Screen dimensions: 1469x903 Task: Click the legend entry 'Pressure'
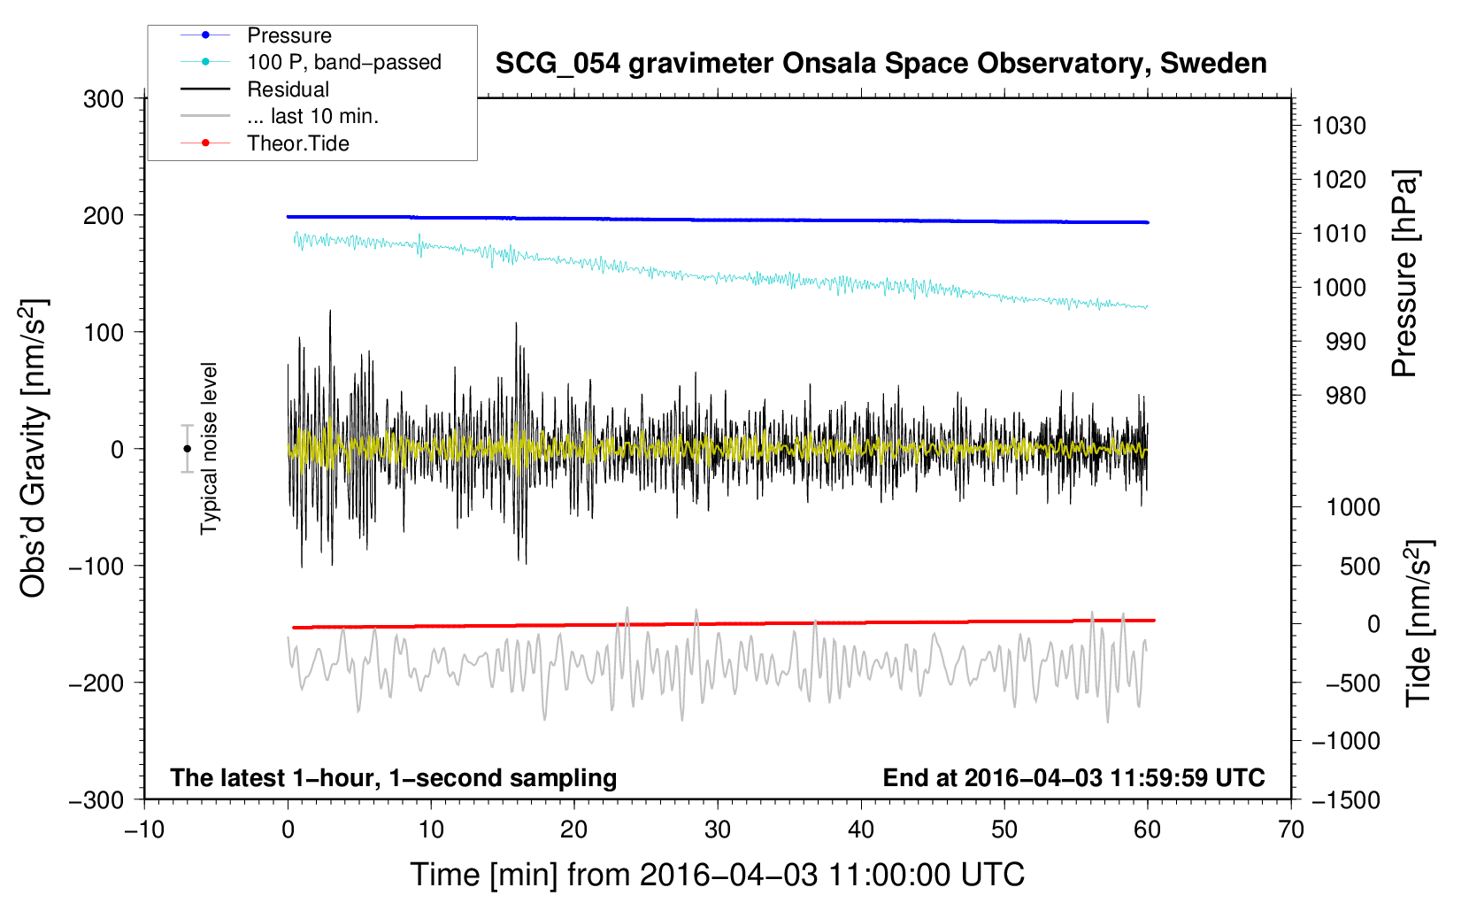tap(289, 35)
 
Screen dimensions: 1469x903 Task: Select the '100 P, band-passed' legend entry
tap(344, 62)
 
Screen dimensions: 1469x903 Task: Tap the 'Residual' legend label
tap(288, 89)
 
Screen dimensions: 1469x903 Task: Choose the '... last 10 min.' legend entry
tap(312, 116)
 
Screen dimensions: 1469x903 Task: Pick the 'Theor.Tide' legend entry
tap(298, 143)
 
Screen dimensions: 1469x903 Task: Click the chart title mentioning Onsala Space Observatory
tap(881, 63)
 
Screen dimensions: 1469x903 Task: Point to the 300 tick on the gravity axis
tap(104, 99)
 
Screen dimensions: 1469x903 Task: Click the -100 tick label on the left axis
tap(96, 567)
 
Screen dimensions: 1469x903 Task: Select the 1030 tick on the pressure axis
tap(1339, 126)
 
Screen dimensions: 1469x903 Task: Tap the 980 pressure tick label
tap(1346, 396)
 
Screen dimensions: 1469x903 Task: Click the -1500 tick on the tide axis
tap(1346, 800)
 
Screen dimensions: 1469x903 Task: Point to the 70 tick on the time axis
tap(1290, 830)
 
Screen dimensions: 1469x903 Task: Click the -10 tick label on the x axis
tap(144, 830)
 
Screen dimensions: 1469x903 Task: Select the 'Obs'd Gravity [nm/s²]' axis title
tap(34, 449)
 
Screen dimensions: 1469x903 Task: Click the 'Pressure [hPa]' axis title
tap(1404, 274)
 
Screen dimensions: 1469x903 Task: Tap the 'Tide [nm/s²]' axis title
tap(1419, 623)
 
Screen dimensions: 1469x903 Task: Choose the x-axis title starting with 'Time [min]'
tap(718, 875)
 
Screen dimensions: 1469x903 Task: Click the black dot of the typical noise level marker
tap(188, 449)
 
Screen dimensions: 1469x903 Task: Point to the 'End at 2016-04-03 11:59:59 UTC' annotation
tap(1073, 777)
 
